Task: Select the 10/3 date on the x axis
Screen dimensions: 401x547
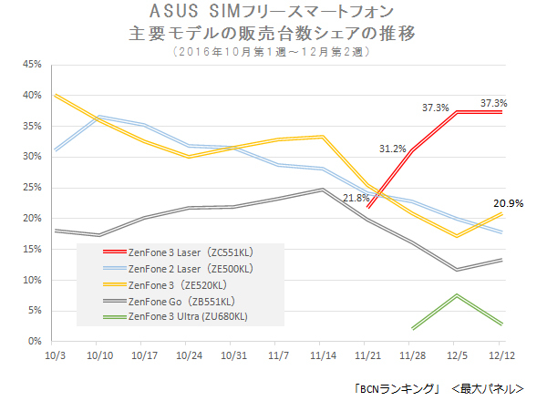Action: click(x=55, y=354)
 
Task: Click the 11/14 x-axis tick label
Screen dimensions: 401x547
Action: click(x=323, y=354)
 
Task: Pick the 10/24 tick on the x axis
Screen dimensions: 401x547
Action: click(x=189, y=354)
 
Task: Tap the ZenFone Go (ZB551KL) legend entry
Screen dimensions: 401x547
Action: click(x=179, y=301)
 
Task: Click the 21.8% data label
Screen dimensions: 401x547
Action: click(x=356, y=197)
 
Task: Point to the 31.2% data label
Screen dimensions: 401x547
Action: click(x=394, y=149)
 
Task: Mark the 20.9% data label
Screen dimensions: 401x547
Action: click(x=508, y=203)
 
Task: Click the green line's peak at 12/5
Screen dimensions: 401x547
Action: click(x=457, y=295)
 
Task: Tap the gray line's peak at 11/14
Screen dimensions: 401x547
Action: click(x=323, y=190)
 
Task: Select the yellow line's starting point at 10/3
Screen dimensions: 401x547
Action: click(x=55, y=95)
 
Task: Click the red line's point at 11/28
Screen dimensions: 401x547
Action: click(x=412, y=150)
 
